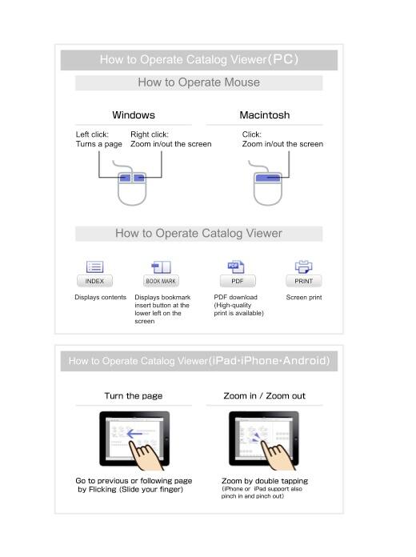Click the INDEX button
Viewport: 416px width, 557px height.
click(x=94, y=281)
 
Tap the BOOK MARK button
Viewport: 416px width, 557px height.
click(x=161, y=281)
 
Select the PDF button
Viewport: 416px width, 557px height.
click(x=238, y=281)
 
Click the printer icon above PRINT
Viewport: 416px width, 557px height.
click(x=303, y=266)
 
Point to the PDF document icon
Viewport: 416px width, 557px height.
click(x=236, y=266)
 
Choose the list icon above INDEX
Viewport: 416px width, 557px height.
click(x=94, y=266)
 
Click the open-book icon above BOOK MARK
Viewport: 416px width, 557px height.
click(x=161, y=267)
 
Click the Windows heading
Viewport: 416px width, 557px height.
click(x=134, y=115)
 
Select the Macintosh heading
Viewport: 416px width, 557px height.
click(x=265, y=115)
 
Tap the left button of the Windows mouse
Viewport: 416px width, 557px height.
click(x=125, y=178)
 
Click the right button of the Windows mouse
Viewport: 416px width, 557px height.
click(x=139, y=178)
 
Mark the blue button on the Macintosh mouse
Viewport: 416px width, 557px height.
click(x=268, y=177)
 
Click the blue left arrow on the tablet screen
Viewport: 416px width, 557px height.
click(x=134, y=434)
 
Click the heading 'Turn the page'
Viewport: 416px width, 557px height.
click(x=134, y=395)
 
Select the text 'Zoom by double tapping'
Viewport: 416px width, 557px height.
click(x=265, y=481)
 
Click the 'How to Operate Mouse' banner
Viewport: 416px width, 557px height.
click(x=199, y=82)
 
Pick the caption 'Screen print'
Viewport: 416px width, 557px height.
click(x=304, y=298)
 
